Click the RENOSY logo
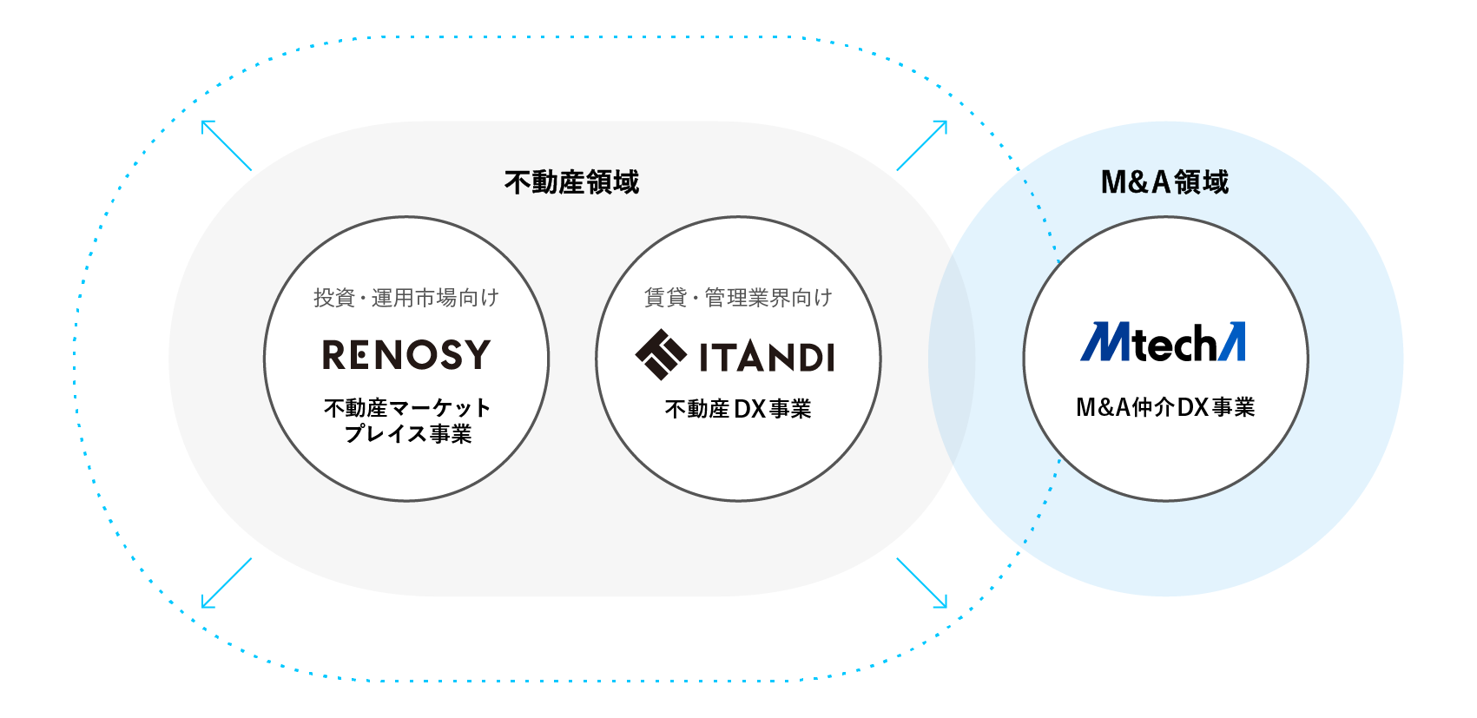(x=406, y=354)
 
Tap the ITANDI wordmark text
(x=767, y=357)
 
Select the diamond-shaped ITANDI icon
(x=661, y=354)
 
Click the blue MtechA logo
(x=1164, y=342)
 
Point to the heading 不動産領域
(x=571, y=182)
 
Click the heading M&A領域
(x=1164, y=182)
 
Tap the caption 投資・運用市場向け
(x=406, y=298)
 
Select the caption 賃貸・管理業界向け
(x=738, y=298)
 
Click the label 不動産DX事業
(x=738, y=409)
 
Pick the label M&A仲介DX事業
(x=1165, y=407)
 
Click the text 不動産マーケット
(x=407, y=408)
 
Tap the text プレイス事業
(x=407, y=433)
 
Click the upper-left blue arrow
(x=226, y=145)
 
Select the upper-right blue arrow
(x=922, y=145)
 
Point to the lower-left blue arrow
(x=226, y=583)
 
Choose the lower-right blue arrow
(x=922, y=583)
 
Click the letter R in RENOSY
(x=335, y=354)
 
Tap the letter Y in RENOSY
(x=477, y=354)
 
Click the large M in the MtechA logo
(x=1105, y=342)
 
